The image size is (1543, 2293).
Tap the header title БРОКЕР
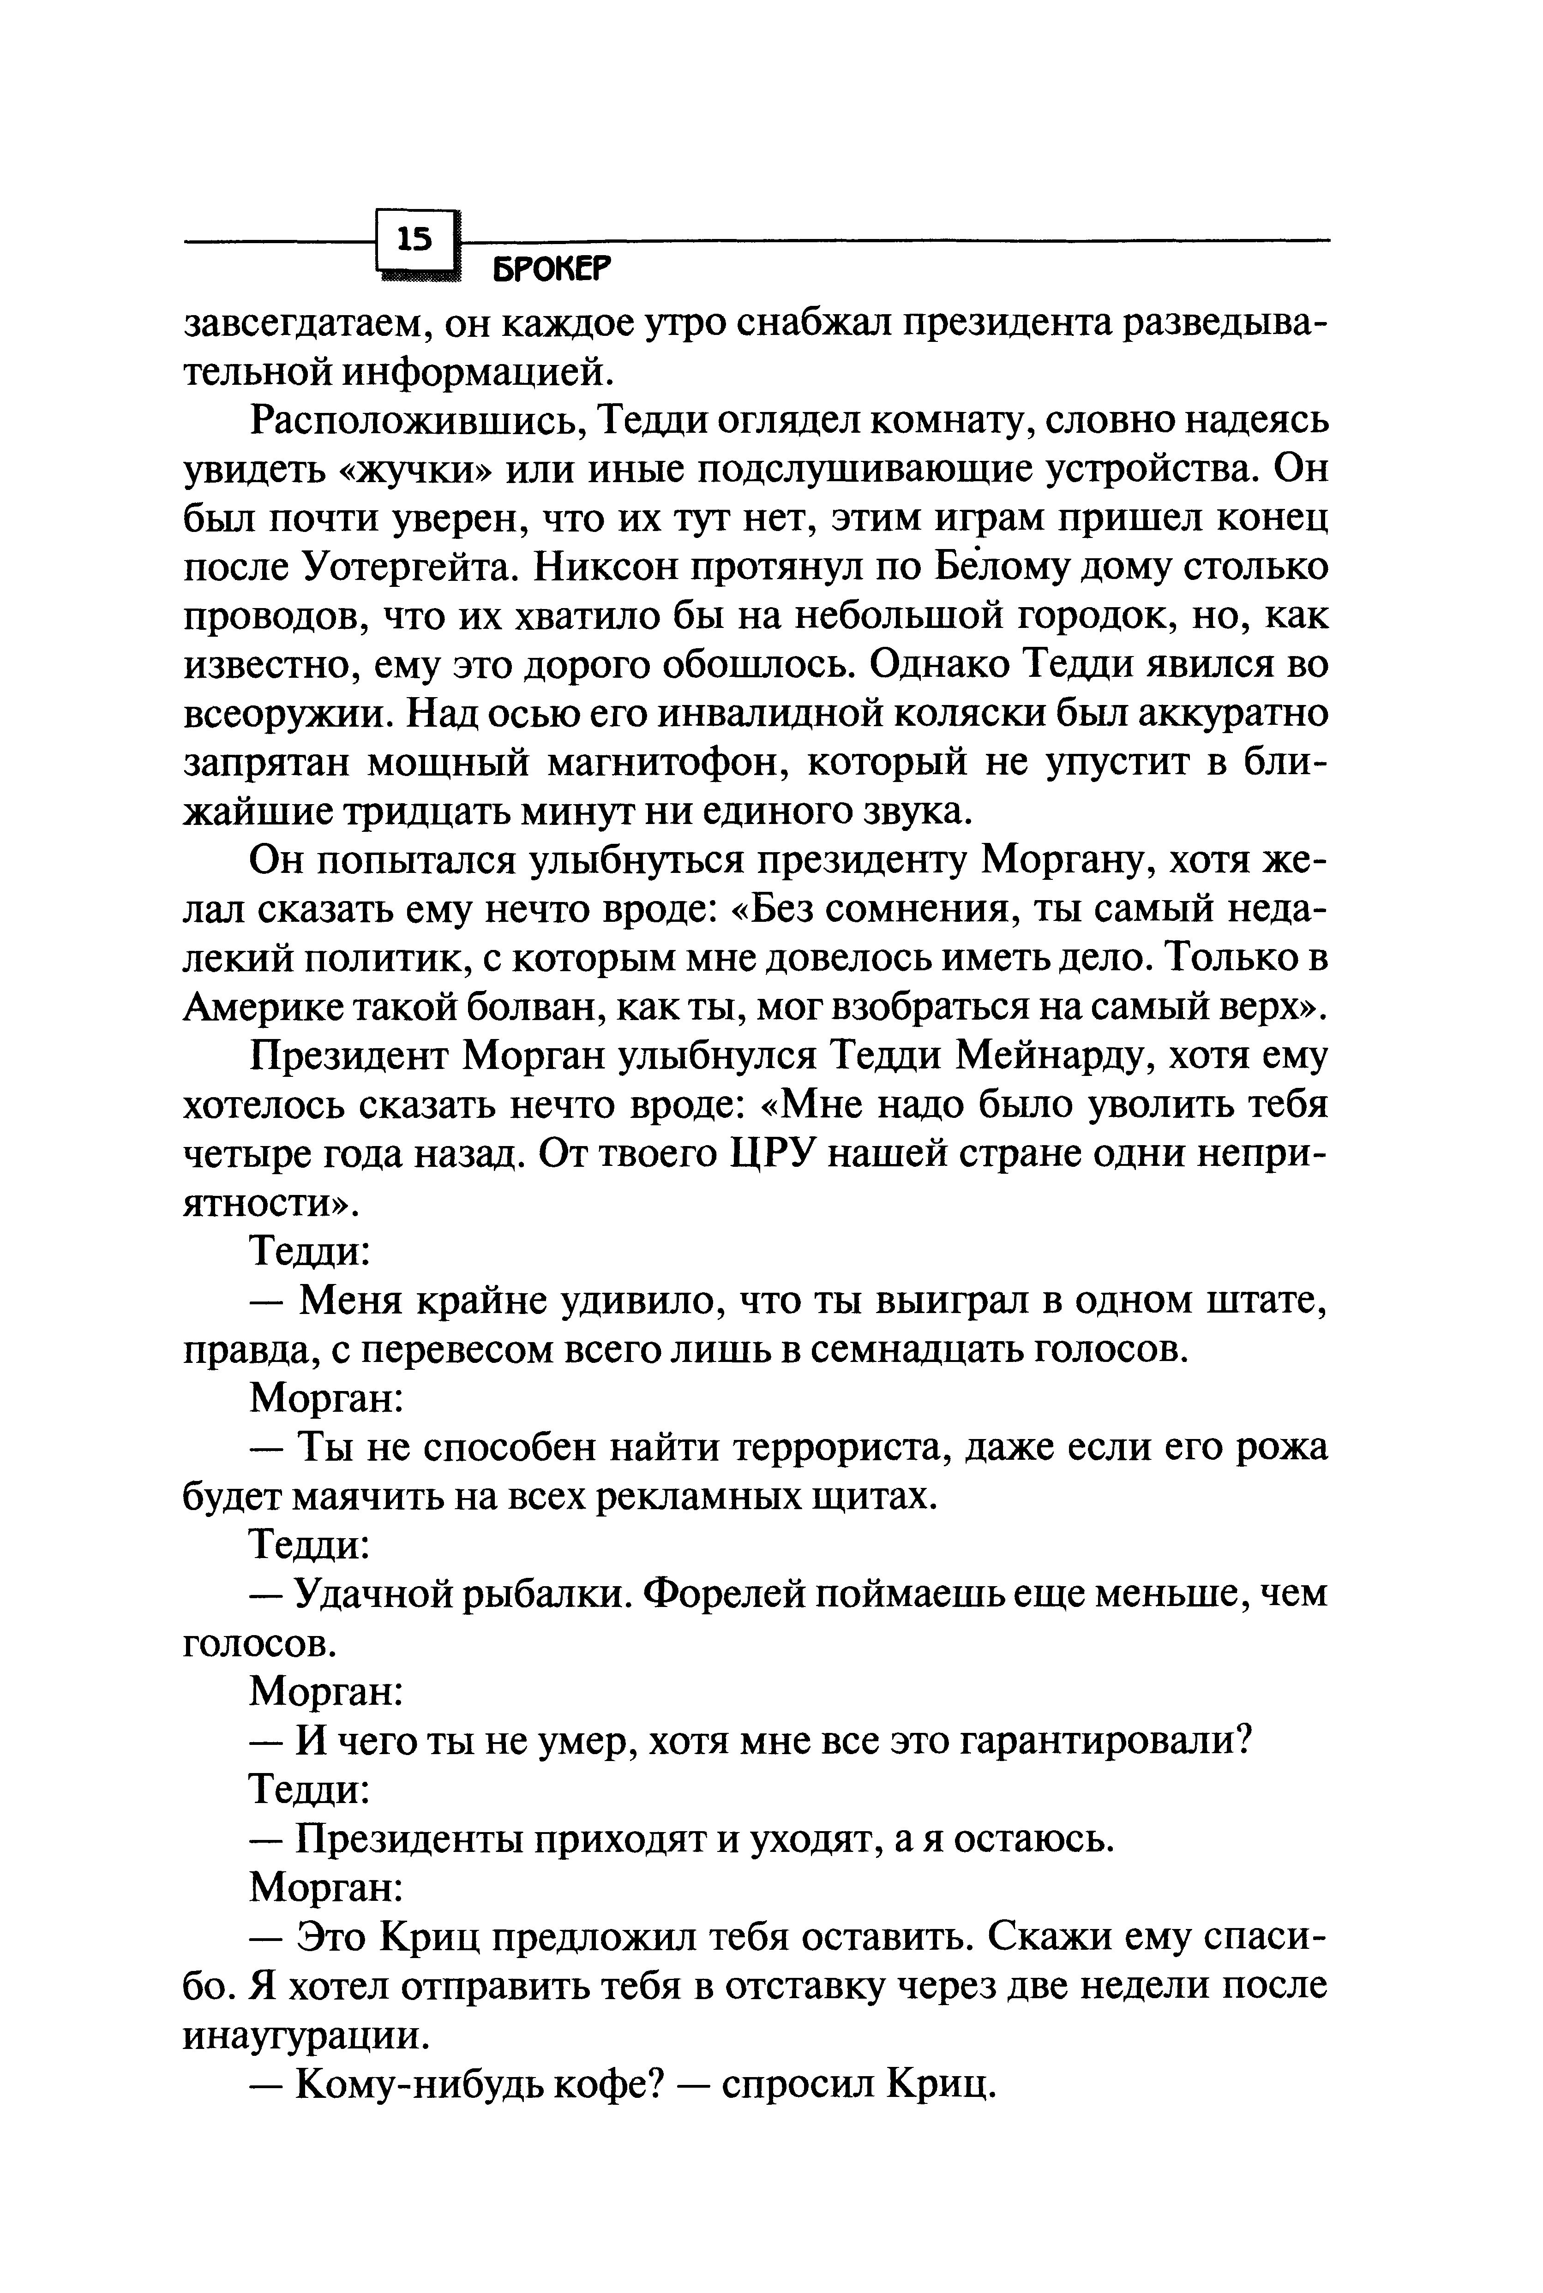(551, 269)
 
